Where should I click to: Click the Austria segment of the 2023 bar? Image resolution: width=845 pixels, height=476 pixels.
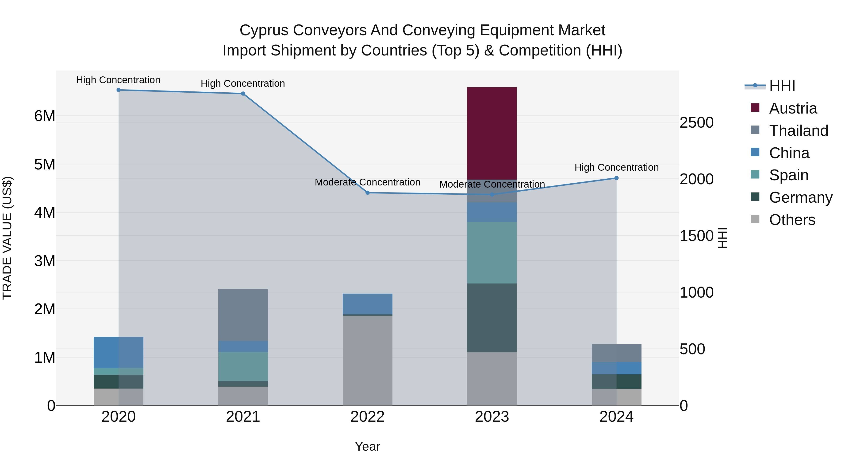[x=492, y=133]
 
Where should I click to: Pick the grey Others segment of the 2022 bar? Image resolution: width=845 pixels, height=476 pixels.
[x=367, y=360]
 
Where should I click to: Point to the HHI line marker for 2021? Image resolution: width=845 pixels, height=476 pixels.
[x=243, y=94]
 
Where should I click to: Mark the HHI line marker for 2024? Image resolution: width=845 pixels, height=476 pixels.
[x=616, y=178]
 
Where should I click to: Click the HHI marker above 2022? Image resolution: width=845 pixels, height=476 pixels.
[x=367, y=193]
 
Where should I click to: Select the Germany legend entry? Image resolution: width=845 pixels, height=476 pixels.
[x=800, y=197]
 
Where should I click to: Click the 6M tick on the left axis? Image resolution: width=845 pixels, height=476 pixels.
[x=45, y=116]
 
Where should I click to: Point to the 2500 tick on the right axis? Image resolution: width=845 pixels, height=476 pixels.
[x=696, y=122]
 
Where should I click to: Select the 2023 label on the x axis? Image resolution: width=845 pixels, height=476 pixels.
[x=492, y=417]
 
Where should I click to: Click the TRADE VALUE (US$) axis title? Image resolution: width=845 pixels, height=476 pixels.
[x=7, y=238]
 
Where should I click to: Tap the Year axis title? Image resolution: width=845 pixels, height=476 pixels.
[x=367, y=446]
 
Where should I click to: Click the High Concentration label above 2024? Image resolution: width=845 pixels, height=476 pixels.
[x=616, y=168]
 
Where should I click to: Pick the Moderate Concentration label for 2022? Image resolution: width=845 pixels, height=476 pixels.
[x=367, y=182]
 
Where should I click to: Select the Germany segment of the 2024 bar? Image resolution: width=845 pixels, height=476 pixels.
[x=616, y=382]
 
